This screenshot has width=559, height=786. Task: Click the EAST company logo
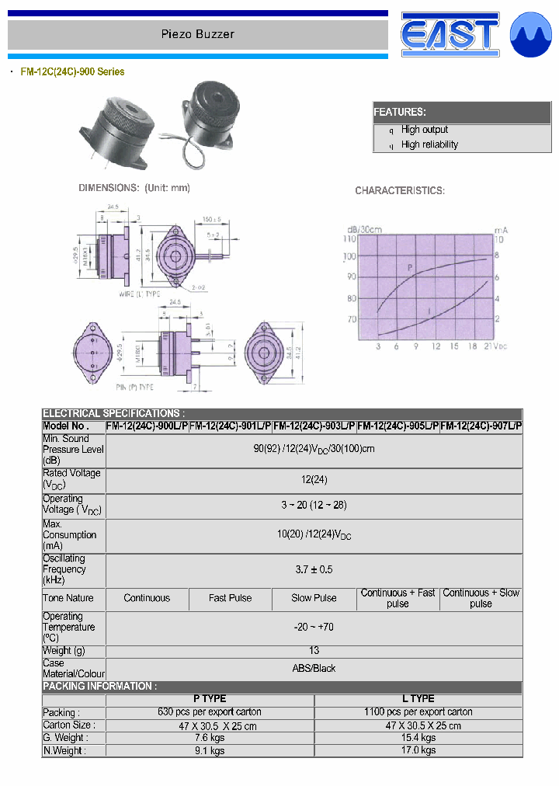(450, 36)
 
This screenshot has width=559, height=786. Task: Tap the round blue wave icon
(530, 36)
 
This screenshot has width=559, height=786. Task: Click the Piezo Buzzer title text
(197, 34)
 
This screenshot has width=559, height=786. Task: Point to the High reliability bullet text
(429, 144)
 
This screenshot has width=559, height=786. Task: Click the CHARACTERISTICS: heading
(400, 191)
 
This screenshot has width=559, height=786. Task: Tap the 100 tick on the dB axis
(350, 257)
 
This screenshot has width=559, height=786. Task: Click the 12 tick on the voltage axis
(436, 346)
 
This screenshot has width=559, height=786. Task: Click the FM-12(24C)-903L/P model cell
(314, 426)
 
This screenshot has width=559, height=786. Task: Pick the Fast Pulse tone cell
(231, 598)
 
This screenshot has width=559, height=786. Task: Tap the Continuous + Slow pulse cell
(481, 598)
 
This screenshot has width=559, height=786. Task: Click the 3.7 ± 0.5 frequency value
(314, 569)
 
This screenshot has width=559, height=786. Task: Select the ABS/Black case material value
(314, 668)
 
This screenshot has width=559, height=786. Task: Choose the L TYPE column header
(418, 699)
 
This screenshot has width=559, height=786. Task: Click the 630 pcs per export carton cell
(210, 712)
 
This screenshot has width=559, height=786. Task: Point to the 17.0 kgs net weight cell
(418, 750)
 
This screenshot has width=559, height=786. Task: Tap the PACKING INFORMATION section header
(99, 687)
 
